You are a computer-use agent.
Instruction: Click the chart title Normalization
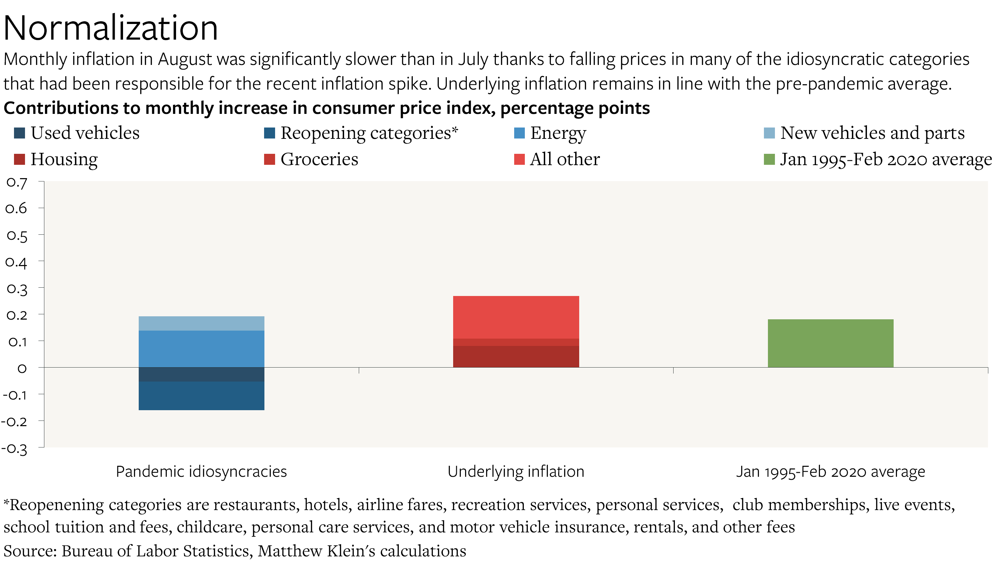tap(110, 28)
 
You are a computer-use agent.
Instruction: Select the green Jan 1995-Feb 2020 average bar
tap(830, 343)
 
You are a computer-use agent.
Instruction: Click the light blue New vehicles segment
tap(201, 323)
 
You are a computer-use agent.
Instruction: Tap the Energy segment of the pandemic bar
tap(201, 349)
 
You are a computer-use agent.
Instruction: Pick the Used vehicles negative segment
tap(201, 374)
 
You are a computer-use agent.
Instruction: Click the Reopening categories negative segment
tap(201, 396)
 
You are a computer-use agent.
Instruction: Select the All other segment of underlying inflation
tap(516, 317)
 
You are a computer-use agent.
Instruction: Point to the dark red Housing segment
tap(516, 356)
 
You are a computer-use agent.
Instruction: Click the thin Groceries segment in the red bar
tap(516, 342)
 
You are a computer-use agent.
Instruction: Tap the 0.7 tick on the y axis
tap(17, 182)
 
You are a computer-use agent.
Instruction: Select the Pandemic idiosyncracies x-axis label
tap(201, 471)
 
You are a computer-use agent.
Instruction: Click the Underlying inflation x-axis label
tap(516, 471)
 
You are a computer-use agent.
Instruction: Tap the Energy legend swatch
tap(519, 133)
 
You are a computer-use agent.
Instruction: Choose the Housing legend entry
tap(64, 159)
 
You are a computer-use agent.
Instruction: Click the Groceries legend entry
tap(319, 159)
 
